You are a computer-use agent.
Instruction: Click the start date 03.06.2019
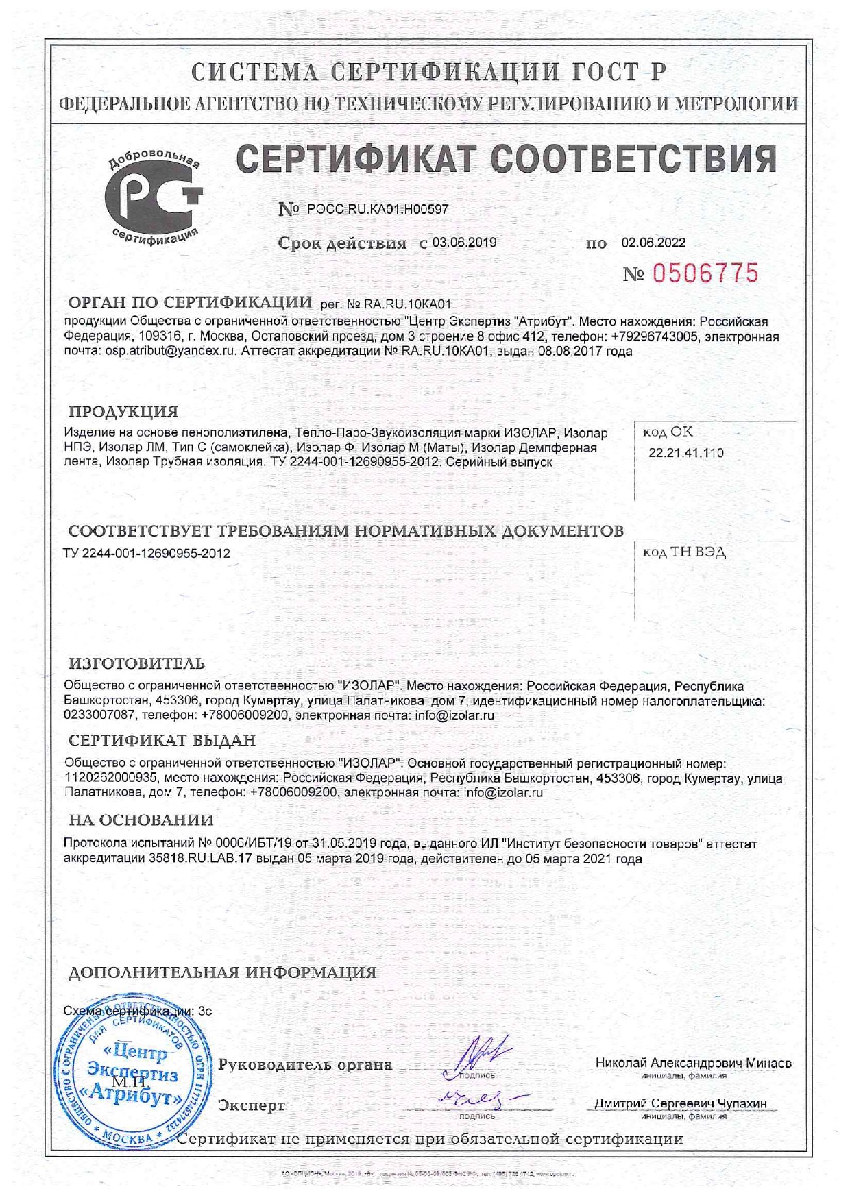(x=464, y=243)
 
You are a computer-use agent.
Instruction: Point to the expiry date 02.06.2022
(x=653, y=243)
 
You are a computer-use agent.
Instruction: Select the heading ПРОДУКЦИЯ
(x=123, y=412)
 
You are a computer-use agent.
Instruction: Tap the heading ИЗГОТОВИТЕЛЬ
(x=136, y=663)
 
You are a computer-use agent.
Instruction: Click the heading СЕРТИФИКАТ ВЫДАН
(x=162, y=740)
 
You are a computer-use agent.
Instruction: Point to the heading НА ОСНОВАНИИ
(x=141, y=820)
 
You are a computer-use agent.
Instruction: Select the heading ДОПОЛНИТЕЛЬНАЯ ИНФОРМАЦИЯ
(x=223, y=972)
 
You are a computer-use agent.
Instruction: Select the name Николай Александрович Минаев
(x=693, y=1064)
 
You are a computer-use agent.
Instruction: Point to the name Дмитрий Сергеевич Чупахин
(x=680, y=1103)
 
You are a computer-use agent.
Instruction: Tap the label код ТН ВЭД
(x=684, y=552)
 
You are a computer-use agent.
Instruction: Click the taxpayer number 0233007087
(x=99, y=715)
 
